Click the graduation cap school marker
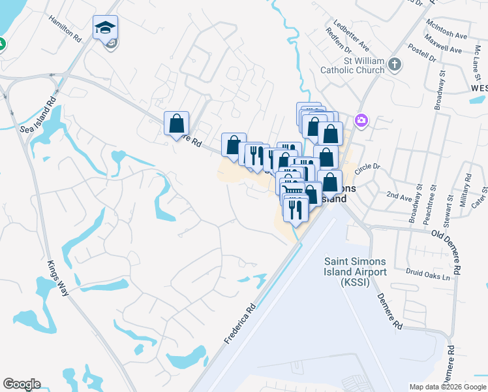[105, 28]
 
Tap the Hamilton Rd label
[65, 28]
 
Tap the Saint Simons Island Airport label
[356, 270]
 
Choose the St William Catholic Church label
[352, 65]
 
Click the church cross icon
[394, 64]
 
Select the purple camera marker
[361, 120]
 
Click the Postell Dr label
[421, 52]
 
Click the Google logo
[22, 384]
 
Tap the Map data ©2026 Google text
[447, 387]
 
